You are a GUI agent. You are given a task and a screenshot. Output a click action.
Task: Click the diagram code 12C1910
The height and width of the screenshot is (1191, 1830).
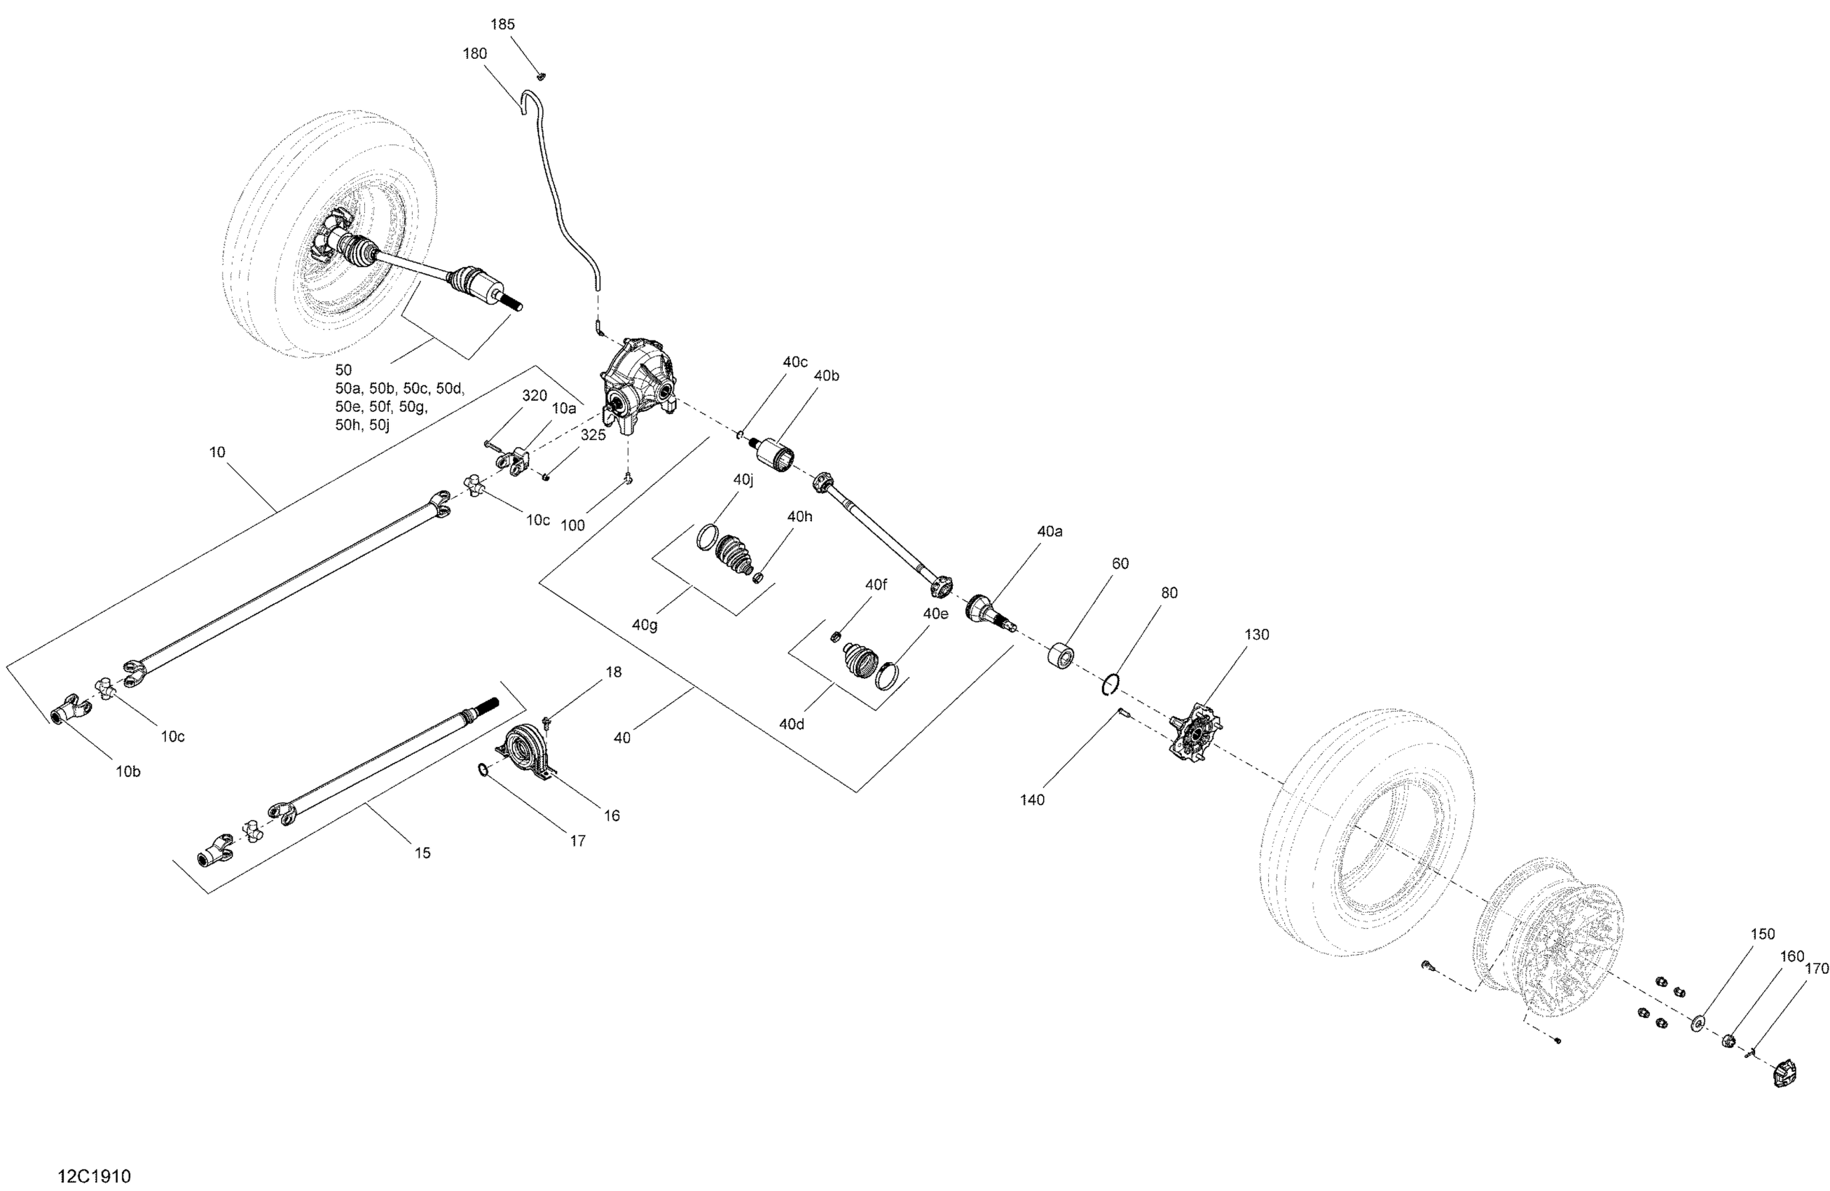tap(95, 1176)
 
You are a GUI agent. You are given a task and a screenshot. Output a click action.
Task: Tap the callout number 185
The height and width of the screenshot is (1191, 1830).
tap(502, 25)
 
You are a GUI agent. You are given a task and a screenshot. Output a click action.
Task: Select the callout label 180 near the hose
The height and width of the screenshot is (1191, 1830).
tap(474, 54)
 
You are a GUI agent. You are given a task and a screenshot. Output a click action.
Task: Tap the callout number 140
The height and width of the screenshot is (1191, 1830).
tap(1032, 799)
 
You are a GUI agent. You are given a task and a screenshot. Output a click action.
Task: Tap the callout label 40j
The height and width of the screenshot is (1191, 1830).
tap(743, 480)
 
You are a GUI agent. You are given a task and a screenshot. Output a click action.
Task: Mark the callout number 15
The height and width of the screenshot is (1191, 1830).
tap(422, 853)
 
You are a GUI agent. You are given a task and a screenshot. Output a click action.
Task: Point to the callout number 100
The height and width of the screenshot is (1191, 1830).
tap(572, 525)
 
